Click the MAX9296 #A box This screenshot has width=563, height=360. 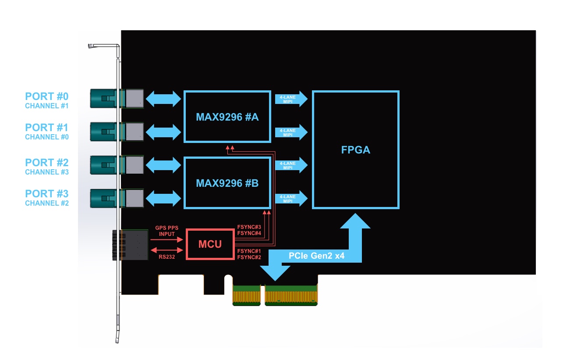pyautogui.click(x=227, y=117)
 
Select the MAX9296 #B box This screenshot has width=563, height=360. pyautogui.click(x=227, y=182)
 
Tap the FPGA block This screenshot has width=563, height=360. pyautogui.click(x=355, y=150)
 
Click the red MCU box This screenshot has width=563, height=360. pyautogui.click(x=210, y=244)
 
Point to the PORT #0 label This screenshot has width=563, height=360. pyautogui.click(x=46, y=96)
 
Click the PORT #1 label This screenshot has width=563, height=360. pyautogui.click(x=46, y=128)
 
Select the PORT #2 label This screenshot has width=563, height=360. pyautogui.click(x=46, y=163)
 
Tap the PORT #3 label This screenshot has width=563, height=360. pyautogui.click(x=46, y=194)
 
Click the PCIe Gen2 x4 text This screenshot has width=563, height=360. pyautogui.click(x=316, y=255)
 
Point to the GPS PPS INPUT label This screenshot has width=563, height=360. pyautogui.click(x=165, y=231)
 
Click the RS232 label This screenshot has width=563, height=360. pyautogui.click(x=166, y=257)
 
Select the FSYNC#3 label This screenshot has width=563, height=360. pyautogui.click(x=249, y=227)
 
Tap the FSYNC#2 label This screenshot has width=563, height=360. pyautogui.click(x=249, y=257)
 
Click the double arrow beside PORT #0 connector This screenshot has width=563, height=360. pyautogui.click(x=163, y=99)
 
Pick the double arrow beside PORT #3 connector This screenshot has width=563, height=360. pyautogui.click(x=163, y=198)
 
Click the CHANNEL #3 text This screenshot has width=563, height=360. pyautogui.click(x=46, y=172)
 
